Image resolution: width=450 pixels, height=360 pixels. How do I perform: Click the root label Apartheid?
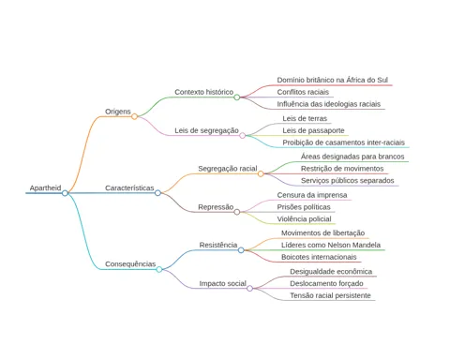click(x=45, y=187)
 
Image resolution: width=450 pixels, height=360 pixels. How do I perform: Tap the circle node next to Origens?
click(x=134, y=116)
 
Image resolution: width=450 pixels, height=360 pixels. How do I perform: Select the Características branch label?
click(x=129, y=187)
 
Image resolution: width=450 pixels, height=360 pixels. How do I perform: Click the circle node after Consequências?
click(x=159, y=269)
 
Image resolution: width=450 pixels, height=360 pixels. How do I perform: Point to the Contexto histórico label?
click(x=204, y=92)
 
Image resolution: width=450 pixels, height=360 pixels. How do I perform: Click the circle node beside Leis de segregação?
click(x=242, y=136)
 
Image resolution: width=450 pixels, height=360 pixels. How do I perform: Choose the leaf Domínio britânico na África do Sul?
click(x=333, y=80)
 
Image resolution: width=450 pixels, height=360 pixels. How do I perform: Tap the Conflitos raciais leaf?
click(x=303, y=92)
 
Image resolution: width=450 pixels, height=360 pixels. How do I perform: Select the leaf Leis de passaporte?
click(x=313, y=130)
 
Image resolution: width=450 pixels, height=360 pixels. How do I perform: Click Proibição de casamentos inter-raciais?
click(x=343, y=142)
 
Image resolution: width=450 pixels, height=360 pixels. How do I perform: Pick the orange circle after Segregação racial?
click(x=261, y=173)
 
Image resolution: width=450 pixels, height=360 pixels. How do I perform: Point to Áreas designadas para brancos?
click(x=352, y=157)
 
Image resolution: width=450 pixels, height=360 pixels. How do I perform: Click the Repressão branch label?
click(x=216, y=207)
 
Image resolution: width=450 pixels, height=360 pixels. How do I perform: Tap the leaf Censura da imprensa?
click(x=312, y=195)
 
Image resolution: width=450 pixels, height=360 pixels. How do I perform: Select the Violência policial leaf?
click(x=304, y=219)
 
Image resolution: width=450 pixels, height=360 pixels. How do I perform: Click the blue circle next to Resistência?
click(x=241, y=250)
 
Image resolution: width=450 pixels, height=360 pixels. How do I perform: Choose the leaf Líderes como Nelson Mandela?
click(x=331, y=245)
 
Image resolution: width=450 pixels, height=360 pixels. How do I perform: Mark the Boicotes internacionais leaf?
click(x=319, y=257)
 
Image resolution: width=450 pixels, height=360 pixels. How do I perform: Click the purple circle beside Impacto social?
click(x=249, y=288)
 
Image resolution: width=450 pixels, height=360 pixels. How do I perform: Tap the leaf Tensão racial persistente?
click(x=330, y=295)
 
